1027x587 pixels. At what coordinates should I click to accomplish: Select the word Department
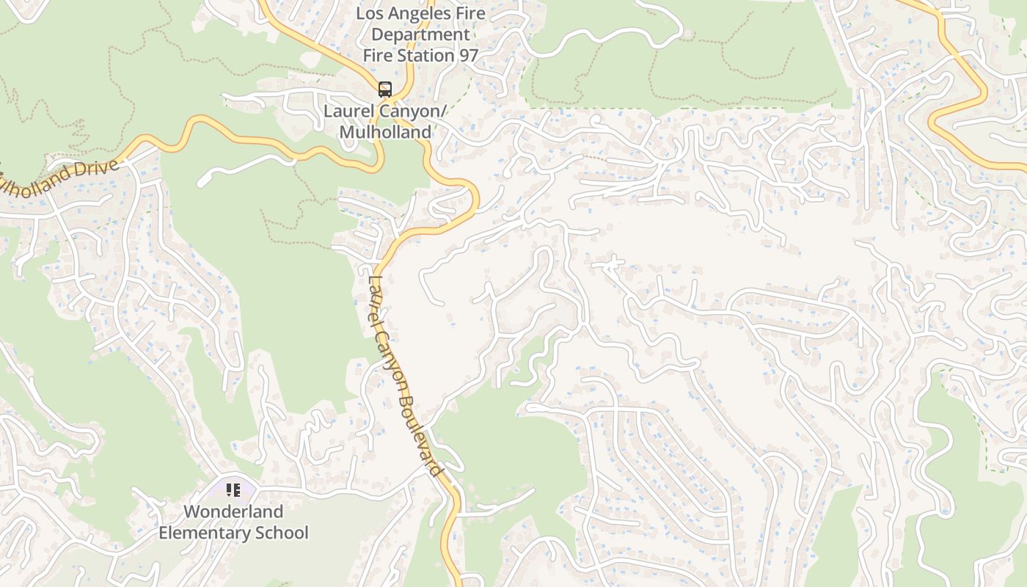point(420,34)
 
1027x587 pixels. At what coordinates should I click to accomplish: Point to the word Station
point(427,56)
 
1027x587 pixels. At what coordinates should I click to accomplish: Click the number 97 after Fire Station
point(469,56)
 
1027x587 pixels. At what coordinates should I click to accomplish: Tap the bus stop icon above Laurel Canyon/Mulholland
point(385,90)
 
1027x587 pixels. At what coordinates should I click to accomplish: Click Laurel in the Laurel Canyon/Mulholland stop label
point(348,112)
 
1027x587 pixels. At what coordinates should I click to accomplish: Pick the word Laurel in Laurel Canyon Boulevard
point(375,293)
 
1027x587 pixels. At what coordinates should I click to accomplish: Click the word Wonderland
point(233,511)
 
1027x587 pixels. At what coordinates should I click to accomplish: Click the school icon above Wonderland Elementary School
point(233,489)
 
